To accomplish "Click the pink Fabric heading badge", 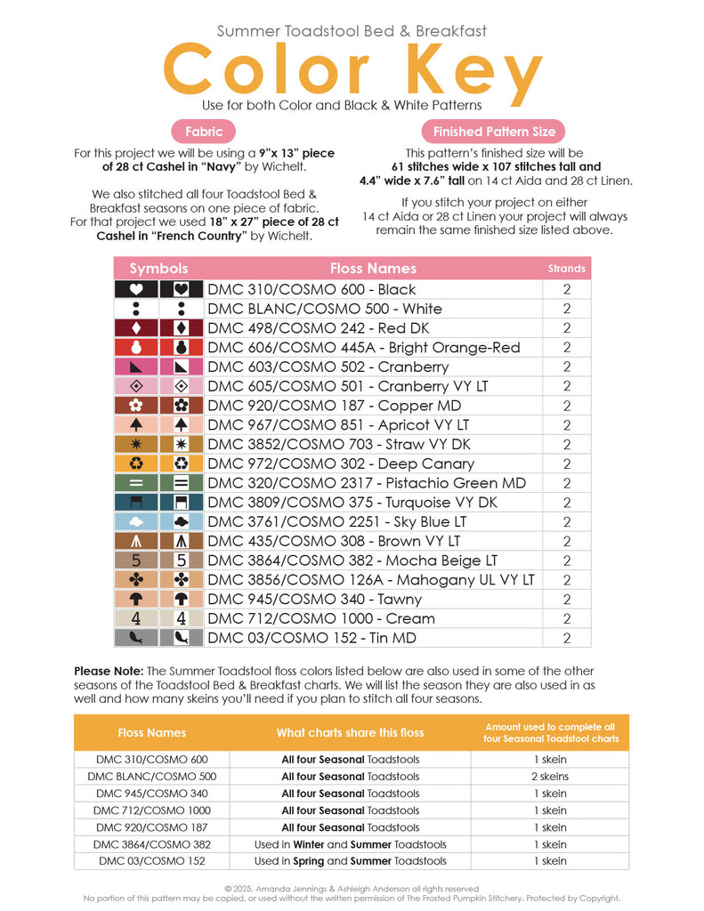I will tap(204, 132).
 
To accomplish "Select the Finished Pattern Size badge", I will tap(494, 132).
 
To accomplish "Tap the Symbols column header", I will tap(158, 268).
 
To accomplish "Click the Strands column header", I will tap(566, 268).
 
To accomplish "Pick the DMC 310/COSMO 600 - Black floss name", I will tap(312, 289).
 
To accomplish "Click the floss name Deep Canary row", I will tap(341, 464).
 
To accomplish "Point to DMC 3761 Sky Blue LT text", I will tap(337, 521).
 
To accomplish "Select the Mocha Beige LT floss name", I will tap(352, 560).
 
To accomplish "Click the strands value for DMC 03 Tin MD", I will tap(566, 638).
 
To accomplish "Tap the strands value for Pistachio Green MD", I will tap(566, 483).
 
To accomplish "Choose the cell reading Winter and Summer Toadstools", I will tap(350, 844).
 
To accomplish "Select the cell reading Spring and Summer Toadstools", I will tap(350, 861).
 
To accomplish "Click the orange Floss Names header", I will tap(151, 732).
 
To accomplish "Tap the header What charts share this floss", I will tap(350, 732).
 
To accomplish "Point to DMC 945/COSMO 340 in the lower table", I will tap(151, 794).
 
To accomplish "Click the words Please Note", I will tap(109, 671).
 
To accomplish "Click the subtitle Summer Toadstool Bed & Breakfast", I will tap(352, 31).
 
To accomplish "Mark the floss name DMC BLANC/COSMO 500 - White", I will tap(325, 309).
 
